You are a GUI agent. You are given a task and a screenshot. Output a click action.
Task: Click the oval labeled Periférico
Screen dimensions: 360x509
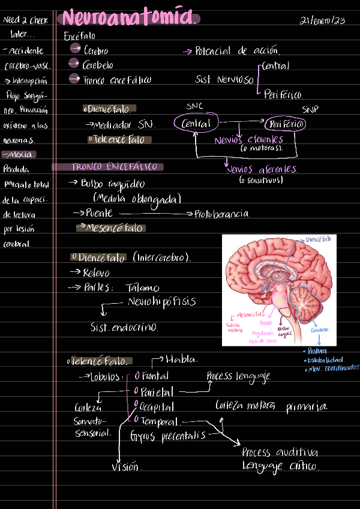point(285,124)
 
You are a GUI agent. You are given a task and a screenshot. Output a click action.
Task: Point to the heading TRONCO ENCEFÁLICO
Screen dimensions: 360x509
point(114,167)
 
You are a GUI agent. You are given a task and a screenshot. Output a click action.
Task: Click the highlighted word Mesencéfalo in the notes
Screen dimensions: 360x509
point(114,228)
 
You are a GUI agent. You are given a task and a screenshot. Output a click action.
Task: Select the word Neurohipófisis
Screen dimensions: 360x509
point(162,301)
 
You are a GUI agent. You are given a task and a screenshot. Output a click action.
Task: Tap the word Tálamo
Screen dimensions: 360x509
point(143,287)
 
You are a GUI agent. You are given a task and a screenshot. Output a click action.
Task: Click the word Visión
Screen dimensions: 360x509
point(126,466)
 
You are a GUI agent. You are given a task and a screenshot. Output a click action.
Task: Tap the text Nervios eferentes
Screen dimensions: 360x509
point(248,140)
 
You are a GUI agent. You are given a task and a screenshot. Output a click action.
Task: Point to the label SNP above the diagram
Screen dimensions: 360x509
point(310,110)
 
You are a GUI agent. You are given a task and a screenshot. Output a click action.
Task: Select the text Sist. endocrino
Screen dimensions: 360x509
point(124,328)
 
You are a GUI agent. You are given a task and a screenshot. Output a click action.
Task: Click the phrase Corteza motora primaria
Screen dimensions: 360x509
point(271,407)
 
